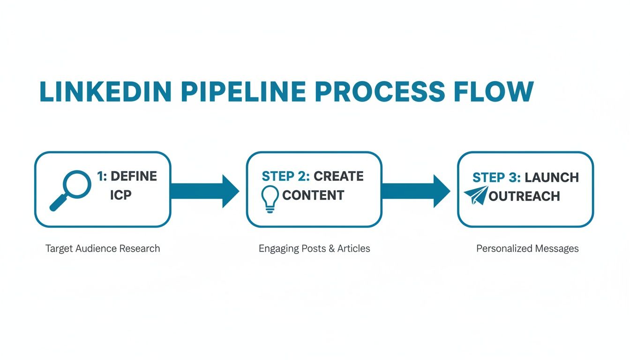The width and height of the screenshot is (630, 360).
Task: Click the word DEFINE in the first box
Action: [134, 176]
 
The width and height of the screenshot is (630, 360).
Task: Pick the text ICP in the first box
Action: [121, 195]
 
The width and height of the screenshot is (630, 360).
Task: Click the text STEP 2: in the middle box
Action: [285, 176]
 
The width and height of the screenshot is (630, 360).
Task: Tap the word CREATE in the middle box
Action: [338, 176]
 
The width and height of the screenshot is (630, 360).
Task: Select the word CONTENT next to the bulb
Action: [313, 195]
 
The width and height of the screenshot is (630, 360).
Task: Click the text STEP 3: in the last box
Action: [496, 178]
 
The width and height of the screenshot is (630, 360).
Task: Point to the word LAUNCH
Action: [552, 178]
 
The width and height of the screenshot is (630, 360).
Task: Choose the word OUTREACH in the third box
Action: [524, 196]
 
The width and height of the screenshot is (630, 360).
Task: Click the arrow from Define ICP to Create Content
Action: [205, 191]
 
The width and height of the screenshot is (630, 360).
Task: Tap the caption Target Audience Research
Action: [103, 248]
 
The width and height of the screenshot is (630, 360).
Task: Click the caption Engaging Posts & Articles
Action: [314, 248]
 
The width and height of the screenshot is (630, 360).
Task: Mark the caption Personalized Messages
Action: [527, 248]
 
